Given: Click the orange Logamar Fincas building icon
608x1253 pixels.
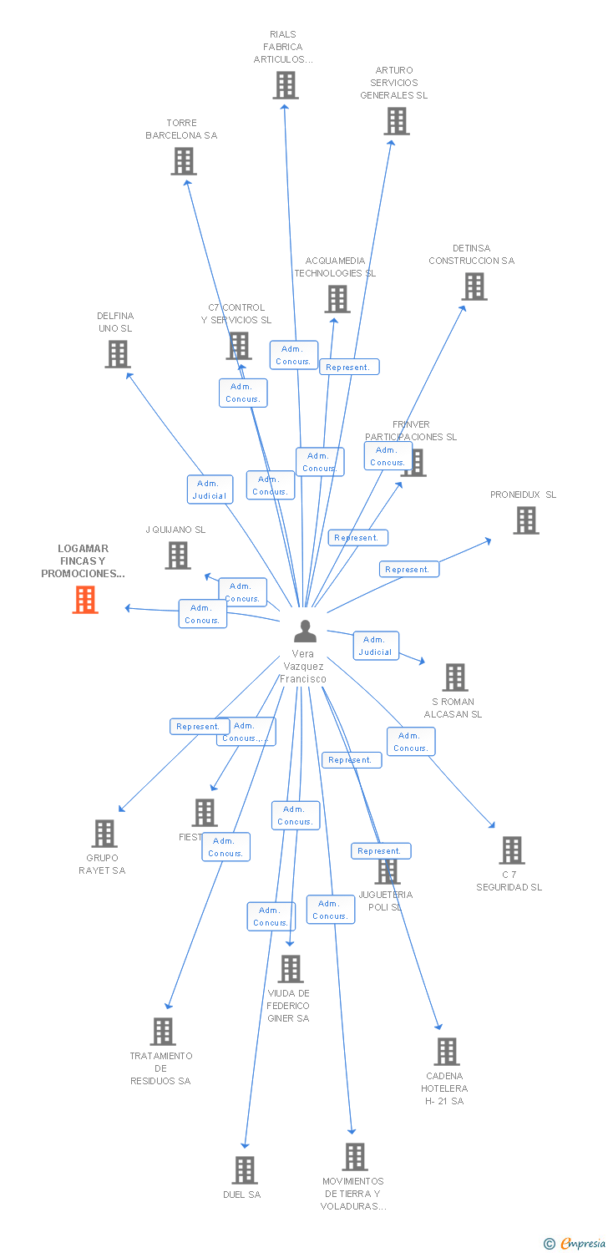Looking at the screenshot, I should coord(85,600).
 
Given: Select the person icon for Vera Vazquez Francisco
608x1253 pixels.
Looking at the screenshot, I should coord(305,631).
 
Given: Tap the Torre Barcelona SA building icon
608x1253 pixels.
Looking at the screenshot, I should coord(184,161).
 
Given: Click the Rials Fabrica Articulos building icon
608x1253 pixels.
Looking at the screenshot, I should coord(286,85).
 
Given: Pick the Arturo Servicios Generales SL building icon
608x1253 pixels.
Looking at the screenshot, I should coord(396,121).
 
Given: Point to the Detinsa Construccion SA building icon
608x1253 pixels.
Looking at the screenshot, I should coord(474,287).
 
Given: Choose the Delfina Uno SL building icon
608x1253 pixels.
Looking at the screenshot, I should coord(118,354).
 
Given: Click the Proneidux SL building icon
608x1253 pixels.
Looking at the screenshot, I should coord(525,520).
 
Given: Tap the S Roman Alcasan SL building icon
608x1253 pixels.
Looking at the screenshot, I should coord(454,677).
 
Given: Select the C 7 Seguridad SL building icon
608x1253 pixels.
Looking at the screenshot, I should coord(512,850).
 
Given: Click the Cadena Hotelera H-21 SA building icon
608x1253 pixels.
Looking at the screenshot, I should coord(447,1052).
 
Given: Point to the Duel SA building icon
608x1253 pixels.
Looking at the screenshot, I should coord(245,1170).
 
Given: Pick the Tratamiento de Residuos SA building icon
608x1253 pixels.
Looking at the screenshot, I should coord(163,1032).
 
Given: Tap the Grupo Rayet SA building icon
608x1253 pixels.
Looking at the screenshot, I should coord(104,834).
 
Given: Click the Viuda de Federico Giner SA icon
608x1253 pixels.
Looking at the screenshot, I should coord(290,969).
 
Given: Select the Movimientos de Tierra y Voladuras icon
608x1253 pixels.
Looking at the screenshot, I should coord(355,1157).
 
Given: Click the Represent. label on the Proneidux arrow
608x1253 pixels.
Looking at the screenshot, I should coord(408,569).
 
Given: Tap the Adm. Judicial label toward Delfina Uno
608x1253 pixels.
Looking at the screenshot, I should coord(209,490).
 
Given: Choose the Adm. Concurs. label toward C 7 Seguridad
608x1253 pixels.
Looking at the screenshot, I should coord(410,742).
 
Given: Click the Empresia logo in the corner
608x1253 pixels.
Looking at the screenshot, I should coord(575,1244).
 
